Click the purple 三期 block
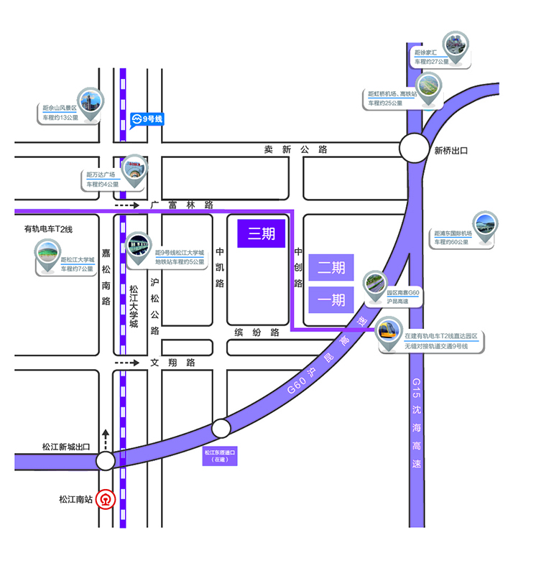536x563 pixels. [x=262, y=233]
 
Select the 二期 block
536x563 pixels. [x=331, y=268]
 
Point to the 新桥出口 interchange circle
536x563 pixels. [x=414, y=150]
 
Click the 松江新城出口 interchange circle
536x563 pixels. [x=106, y=460]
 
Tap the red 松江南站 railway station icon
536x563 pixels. [x=106, y=498]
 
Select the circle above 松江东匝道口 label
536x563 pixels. [x=221, y=429]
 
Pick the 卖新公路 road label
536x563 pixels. [x=295, y=150]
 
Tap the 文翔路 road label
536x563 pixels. [x=172, y=363]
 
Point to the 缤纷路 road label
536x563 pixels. [x=257, y=332]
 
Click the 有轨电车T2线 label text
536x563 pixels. [x=48, y=229]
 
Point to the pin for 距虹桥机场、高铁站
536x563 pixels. [x=429, y=89]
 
